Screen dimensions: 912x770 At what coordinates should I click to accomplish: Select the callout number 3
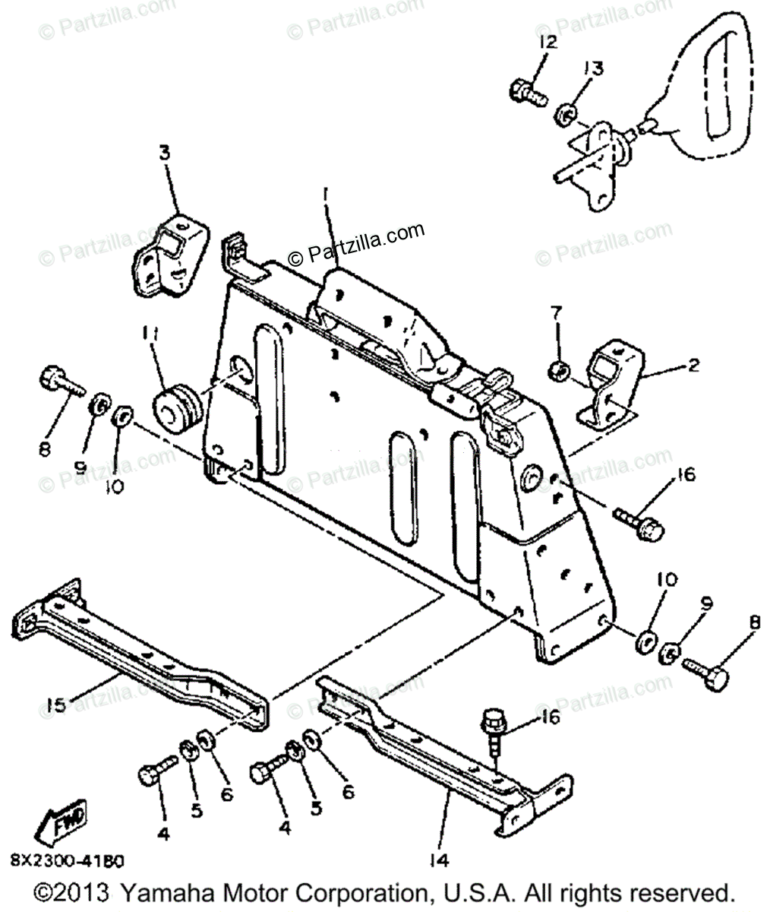point(165,153)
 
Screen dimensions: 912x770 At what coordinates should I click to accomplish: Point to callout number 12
point(548,42)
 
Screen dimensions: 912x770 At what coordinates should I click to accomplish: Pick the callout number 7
point(555,312)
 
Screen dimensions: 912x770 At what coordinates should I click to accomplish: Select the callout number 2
point(693,365)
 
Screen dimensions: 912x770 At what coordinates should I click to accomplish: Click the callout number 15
point(55,706)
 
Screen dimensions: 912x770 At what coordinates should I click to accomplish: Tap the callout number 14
point(439,860)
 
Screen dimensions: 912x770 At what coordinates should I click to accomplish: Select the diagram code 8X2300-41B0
point(68,861)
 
